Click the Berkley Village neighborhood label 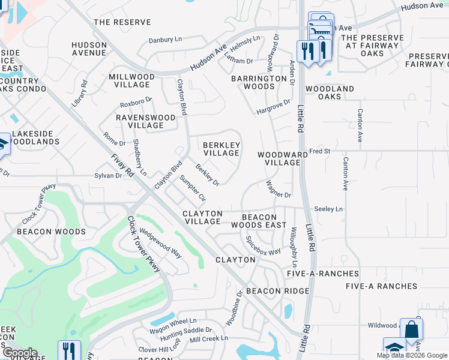(x=221, y=149)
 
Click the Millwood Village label (x=131, y=81)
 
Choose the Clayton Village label (x=202, y=217)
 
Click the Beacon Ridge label (x=277, y=290)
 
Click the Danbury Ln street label (x=165, y=41)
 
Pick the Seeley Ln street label (x=328, y=209)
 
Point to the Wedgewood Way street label (x=160, y=243)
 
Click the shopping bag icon (x=411, y=329)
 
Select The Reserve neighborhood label (x=122, y=22)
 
